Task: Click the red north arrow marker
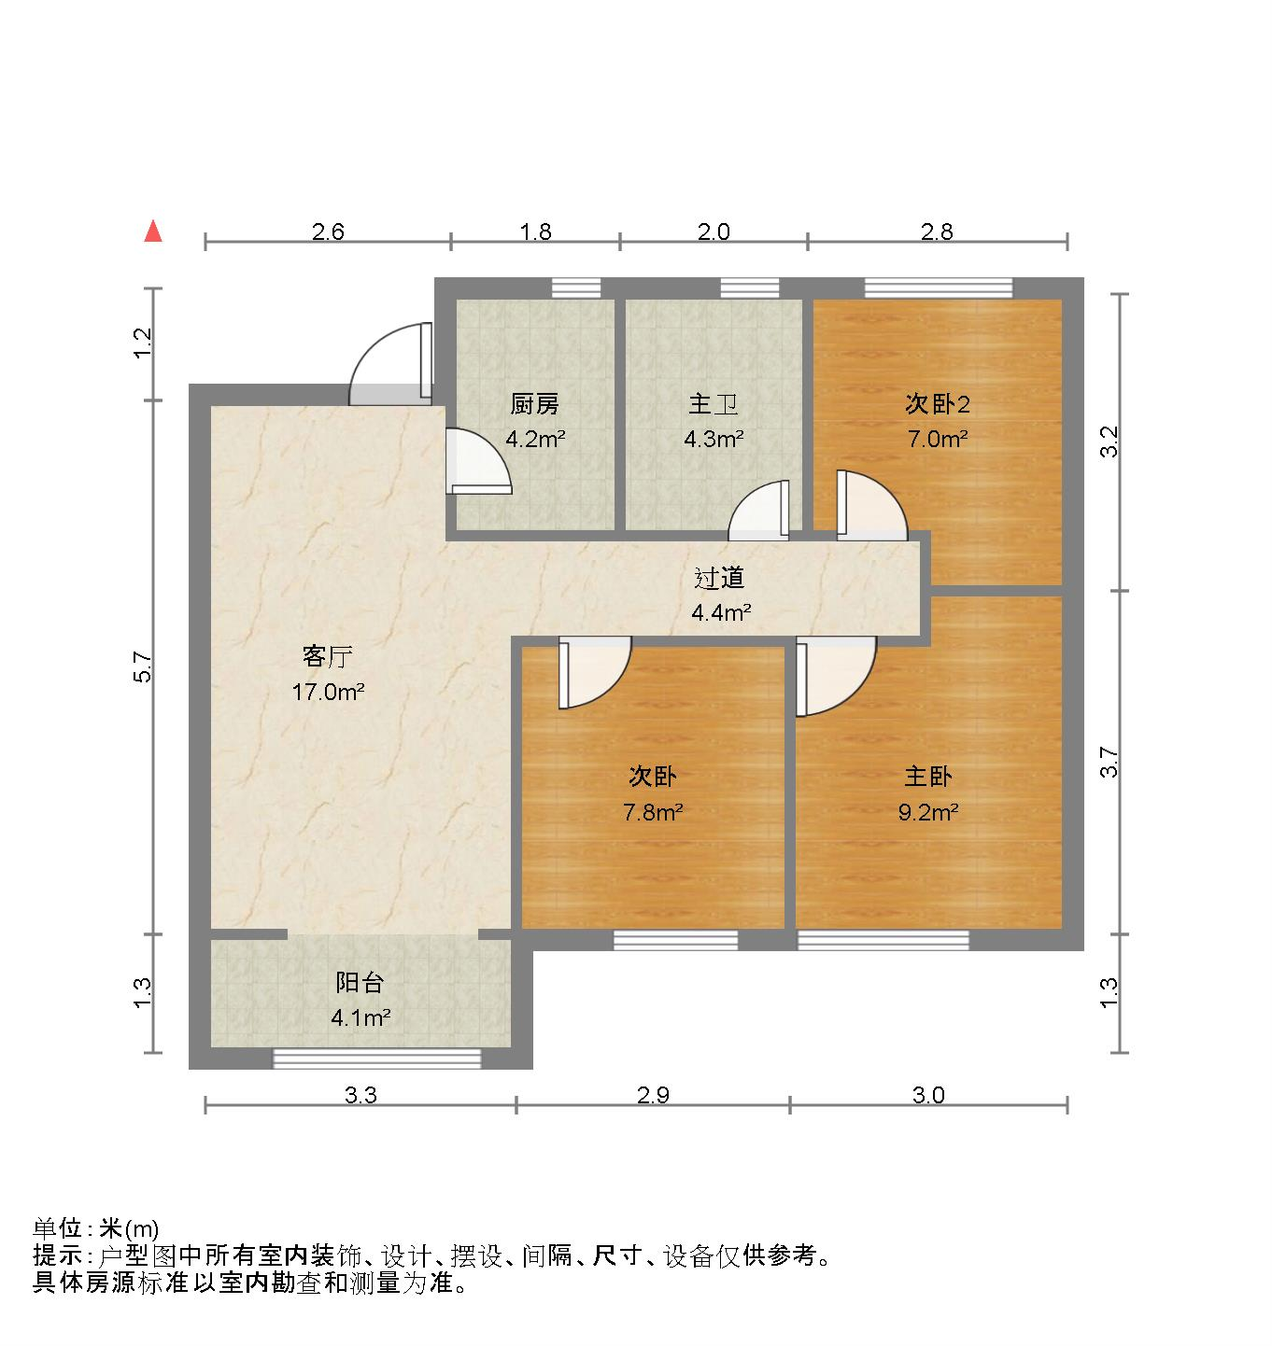(x=153, y=231)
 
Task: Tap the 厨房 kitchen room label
(x=535, y=404)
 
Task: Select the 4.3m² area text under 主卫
(x=714, y=439)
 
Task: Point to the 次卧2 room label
(x=938, y=403)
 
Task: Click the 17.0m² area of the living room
(x=327, y=693)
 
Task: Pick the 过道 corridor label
(x=719, y=579)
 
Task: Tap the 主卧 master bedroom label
(x=927, y=777)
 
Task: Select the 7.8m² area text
(x=653, y=812)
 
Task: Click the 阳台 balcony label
(x=360, y=982)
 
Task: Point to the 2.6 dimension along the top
(x=328, y=231)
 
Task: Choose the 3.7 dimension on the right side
(x=1109, y=762)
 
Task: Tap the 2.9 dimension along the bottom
(x=653, y=1095)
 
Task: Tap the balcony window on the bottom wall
(x=376, y=1059)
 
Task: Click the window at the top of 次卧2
(x=938, y=287)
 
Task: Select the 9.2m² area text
(x=928, y=812)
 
